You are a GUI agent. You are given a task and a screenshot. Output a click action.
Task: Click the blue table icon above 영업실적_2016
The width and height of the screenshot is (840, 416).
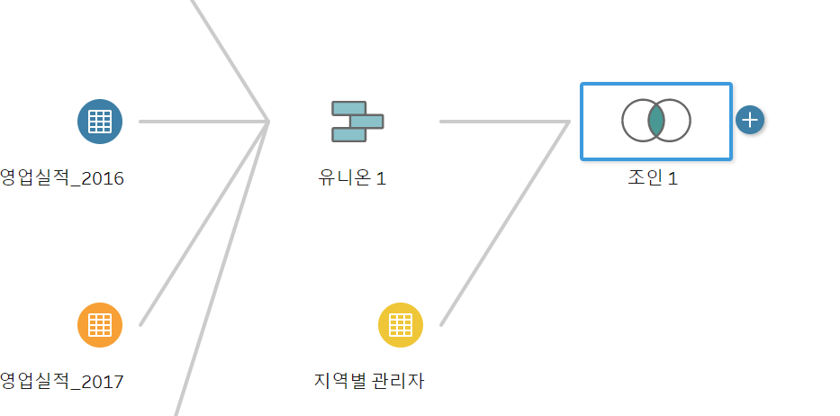pyautogui.click(x=100, y=121)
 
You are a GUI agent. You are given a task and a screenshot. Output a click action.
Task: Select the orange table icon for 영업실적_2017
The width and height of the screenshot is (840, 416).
pyautogui.click(x=100, y=324)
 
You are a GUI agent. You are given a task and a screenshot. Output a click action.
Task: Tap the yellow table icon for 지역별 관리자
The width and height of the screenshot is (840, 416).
pyautogui.click(x=400, y=324)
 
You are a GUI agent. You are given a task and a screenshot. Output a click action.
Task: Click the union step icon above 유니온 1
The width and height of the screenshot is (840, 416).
pyautogui.click(x=357, y=122)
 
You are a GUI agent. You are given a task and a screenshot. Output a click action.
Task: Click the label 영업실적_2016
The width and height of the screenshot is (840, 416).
pyautogui.click(x=62, y=178)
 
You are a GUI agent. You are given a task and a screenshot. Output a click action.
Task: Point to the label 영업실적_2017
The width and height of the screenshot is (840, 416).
pyautogui.click(x=62, y=382)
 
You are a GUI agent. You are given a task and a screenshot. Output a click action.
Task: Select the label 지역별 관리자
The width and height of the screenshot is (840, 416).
pyautogui.click(x=365, y=382)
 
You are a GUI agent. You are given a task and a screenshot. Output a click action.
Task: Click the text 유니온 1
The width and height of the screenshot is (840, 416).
pyautogui.click(x=352, y=178)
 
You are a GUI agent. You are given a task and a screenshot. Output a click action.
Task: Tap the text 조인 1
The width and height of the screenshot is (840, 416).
pyautogui.click(x=653, y=178)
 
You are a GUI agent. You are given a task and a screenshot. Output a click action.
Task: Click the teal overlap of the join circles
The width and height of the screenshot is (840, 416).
pyautogui.click(x=656, y=121)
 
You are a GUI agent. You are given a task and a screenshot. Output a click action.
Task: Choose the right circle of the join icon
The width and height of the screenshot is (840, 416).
pyautogui.click(x=678, y=121)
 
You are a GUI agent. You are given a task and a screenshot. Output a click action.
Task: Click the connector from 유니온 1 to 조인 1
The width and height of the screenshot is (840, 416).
pyautogui.click(x=504, y=121)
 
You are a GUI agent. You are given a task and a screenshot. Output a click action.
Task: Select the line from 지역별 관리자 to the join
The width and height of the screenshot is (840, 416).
pyautogui.click(x=504, y=223)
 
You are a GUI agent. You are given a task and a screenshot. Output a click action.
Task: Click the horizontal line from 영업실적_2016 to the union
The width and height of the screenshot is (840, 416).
pyautogui.click(x=203, y=121)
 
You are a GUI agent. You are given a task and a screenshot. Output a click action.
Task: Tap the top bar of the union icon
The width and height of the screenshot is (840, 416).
pyautogui.click(x=348, y=108)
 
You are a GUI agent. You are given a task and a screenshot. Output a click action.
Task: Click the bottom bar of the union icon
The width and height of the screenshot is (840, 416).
pyautogui.click(x=348, y=134)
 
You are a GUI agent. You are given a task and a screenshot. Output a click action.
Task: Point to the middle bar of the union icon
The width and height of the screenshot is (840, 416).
pyautogui.click(x=366, y=121)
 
